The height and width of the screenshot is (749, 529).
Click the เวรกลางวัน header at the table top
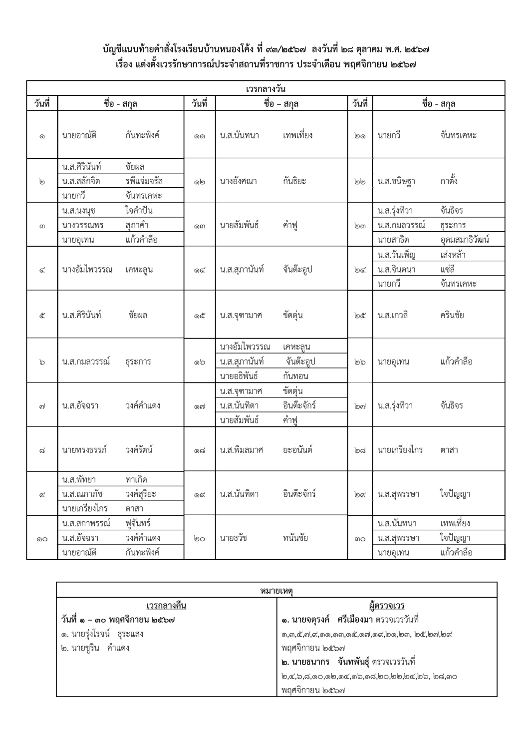point(265,89)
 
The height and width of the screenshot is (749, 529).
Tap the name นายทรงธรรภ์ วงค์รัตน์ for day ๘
point(107,450)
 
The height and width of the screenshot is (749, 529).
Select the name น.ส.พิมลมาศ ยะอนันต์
point(266,450)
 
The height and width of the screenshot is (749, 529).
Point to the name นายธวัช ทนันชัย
point(264,538)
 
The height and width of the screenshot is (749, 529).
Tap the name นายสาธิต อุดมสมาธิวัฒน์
point(433,240)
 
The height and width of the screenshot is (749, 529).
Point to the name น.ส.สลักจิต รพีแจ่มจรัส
point(112,181)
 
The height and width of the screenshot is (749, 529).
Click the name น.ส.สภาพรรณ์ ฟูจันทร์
point(106,524)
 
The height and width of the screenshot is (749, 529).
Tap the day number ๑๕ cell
point(200,316)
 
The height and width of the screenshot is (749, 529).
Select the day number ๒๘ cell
point(360,450)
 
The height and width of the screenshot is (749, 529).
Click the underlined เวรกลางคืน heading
point(166,606)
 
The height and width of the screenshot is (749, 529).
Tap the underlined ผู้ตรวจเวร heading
point(387,606)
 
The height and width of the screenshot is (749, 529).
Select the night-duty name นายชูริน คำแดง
point(95,648)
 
